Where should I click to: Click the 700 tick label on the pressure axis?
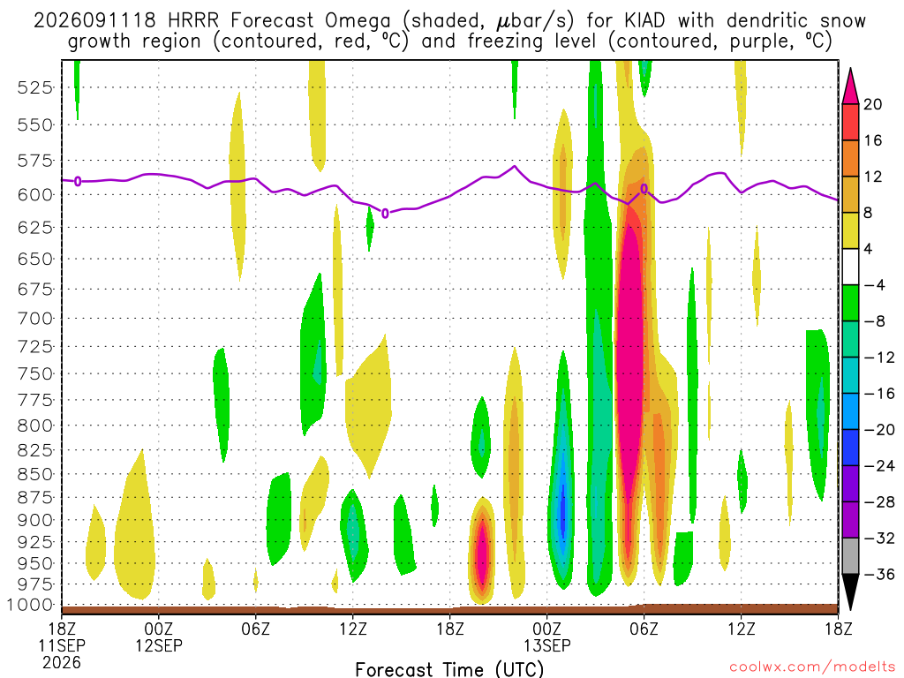35,318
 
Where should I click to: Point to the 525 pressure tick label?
35,87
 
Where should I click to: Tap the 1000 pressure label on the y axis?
31,605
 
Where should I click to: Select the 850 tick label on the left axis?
35,474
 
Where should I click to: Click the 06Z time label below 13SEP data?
644,629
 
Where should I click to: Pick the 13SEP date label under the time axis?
547,645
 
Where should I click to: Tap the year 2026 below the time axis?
62,663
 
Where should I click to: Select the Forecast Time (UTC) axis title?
449,669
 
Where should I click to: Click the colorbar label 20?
872,104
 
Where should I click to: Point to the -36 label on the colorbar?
879,574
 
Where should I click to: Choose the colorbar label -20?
879,430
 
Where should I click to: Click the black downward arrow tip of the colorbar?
850,610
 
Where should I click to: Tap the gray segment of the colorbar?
850,556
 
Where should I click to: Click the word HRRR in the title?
193,21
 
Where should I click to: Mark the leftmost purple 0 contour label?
78,182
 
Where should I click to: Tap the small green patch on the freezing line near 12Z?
370,229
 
